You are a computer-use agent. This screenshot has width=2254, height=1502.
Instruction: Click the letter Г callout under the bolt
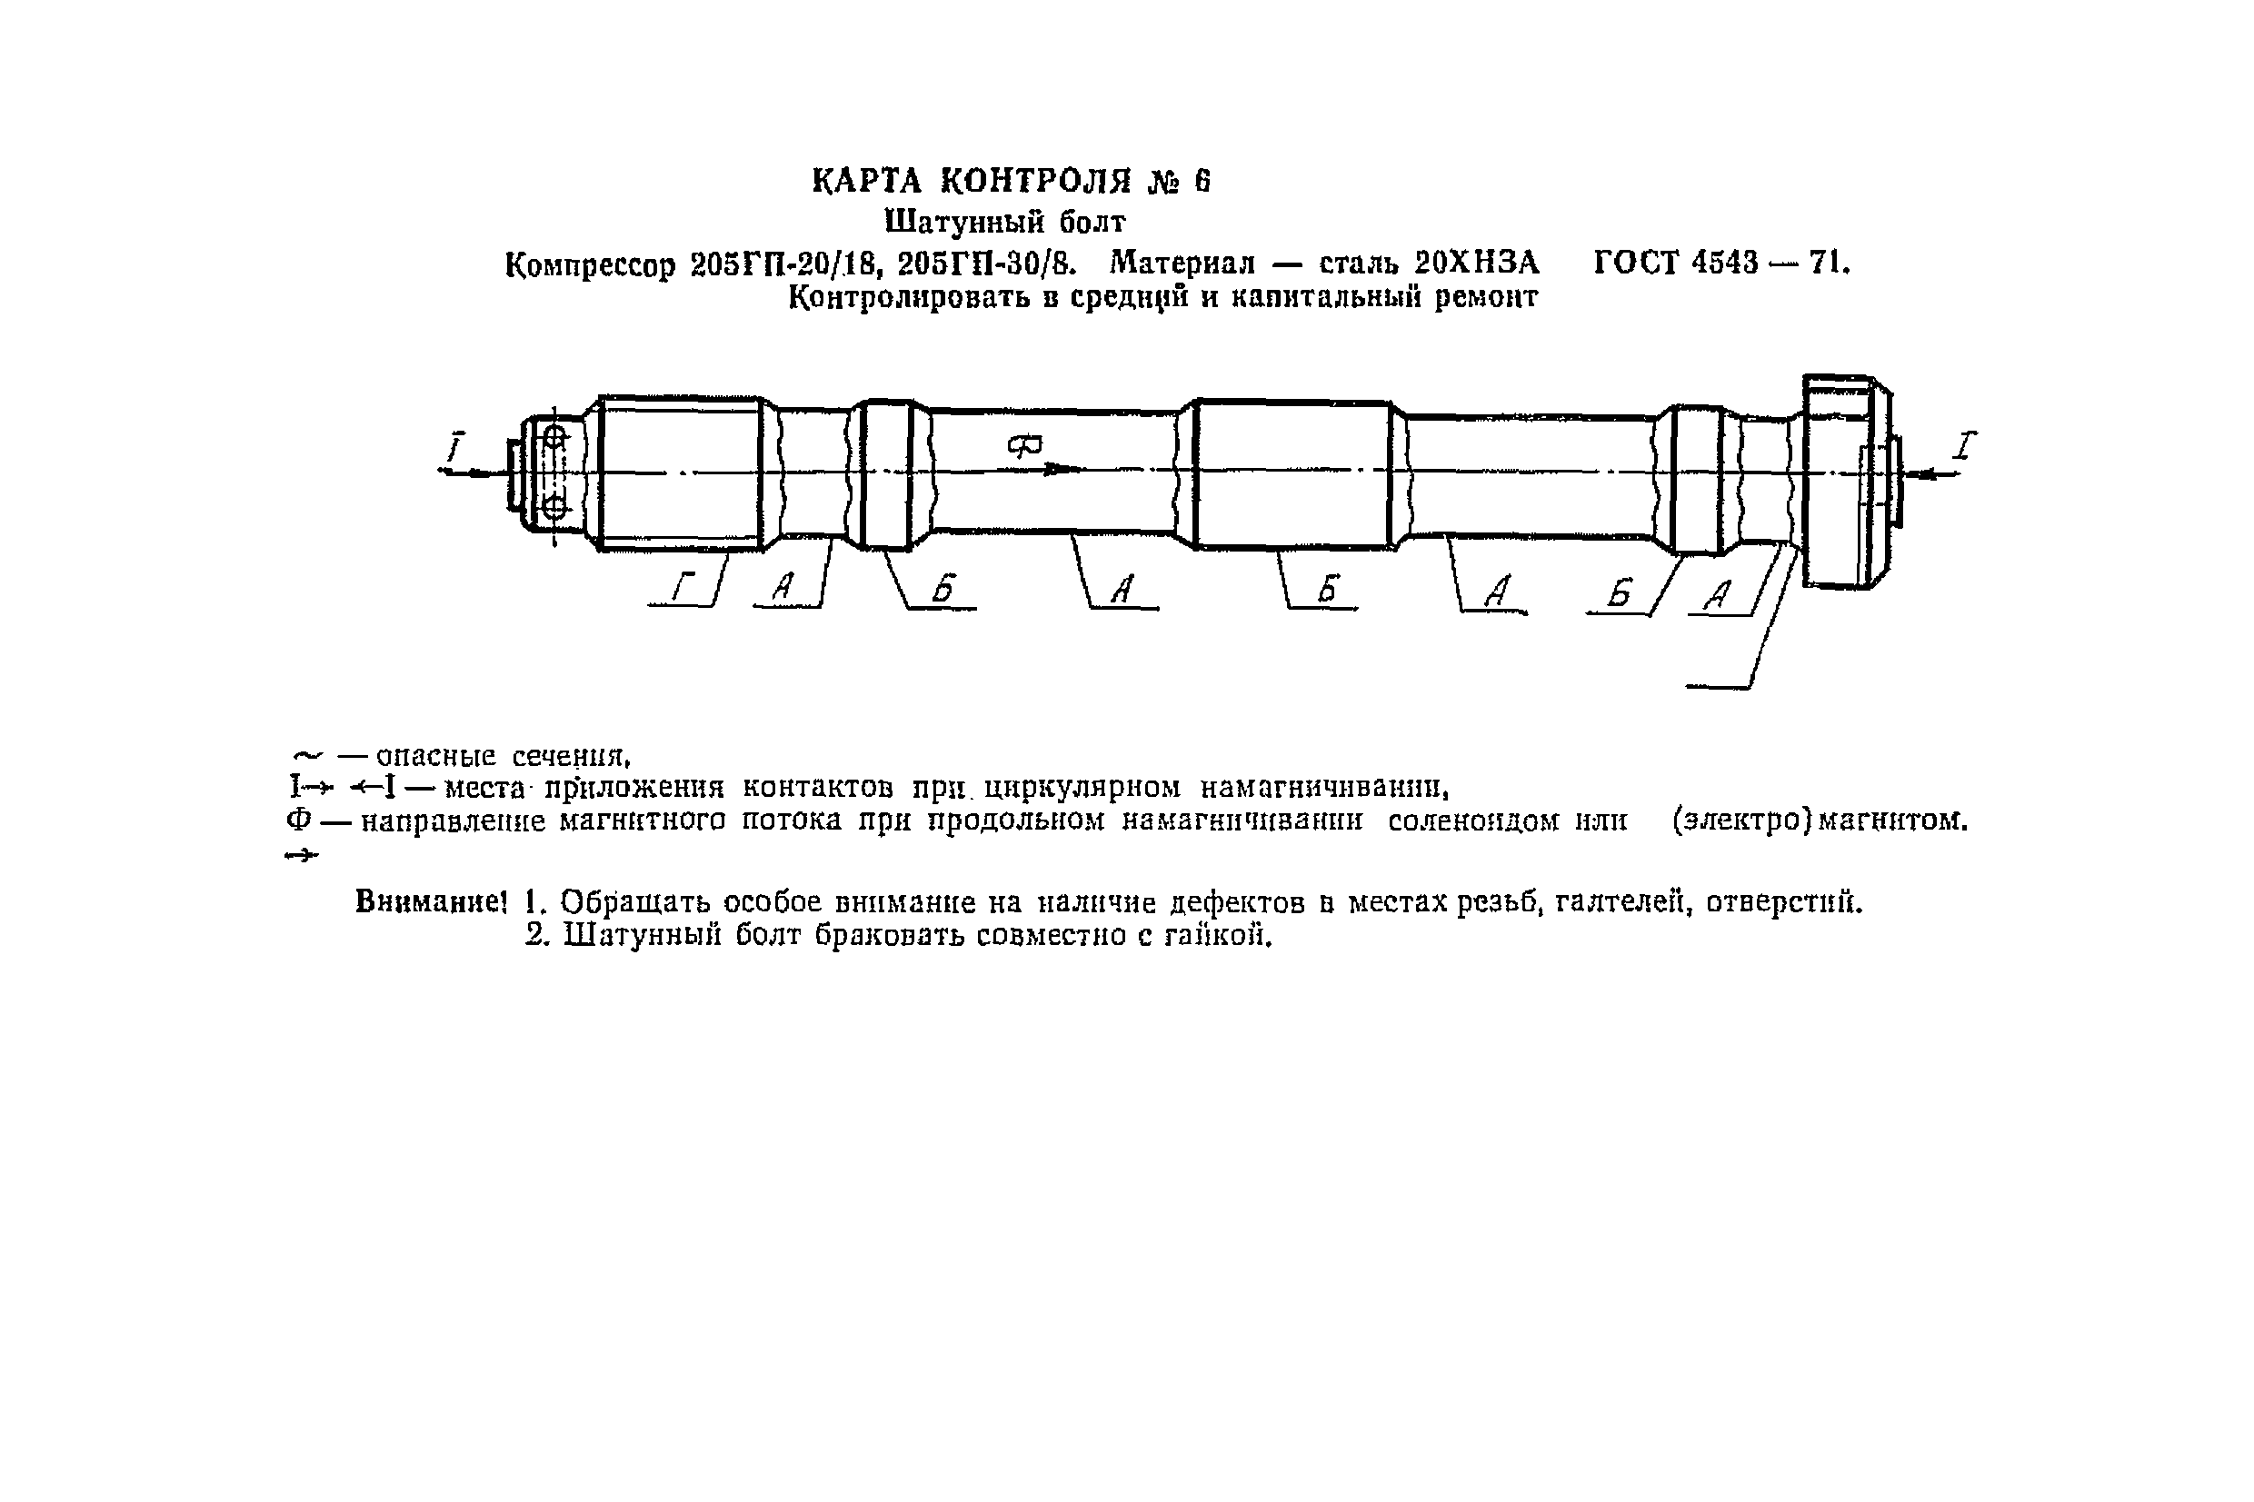[681, 586]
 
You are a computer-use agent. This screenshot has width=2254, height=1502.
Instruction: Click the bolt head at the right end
[1845, 482]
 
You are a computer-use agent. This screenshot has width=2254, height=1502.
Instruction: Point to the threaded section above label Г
[680, 472]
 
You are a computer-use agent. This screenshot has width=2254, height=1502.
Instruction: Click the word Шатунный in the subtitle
[962, 223]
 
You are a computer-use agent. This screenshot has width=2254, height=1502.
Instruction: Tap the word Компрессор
[590, 264]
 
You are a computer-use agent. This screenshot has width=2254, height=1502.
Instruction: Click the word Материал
[1182, 263]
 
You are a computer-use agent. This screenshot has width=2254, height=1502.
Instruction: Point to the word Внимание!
[430, 901]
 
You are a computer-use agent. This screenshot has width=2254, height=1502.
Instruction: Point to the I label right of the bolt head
[1965, 445]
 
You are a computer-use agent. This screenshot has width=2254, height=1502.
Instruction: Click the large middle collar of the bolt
[1293, 474]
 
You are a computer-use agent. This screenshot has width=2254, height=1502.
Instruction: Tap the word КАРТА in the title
[866, 181]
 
